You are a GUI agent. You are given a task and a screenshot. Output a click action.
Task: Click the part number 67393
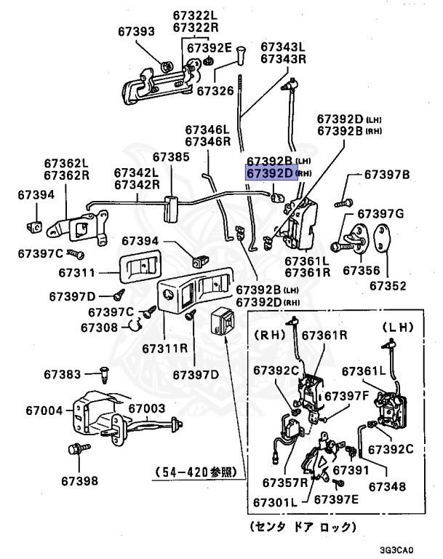click(136, 31)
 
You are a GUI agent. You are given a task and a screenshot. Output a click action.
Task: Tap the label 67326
click(215, 91)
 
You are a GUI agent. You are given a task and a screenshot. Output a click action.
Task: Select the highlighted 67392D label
click(270, 173)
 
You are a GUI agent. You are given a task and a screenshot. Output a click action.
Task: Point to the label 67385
click(171, 157)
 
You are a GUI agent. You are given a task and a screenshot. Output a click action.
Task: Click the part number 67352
click(388, 286)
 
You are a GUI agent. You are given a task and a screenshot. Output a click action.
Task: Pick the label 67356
click(362, 271)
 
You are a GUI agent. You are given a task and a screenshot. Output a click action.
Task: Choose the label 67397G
click(380, 214)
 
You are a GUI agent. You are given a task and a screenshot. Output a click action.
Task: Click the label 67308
click(99, 328)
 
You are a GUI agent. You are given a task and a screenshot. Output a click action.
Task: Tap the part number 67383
click(63, 374)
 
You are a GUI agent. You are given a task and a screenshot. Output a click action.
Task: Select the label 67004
click(44, 411)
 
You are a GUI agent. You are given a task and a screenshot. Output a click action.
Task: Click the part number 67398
click(79, 481)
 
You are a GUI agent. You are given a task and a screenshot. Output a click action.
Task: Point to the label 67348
click(387, 487)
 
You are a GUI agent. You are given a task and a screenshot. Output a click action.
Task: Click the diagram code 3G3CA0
click(396, 550)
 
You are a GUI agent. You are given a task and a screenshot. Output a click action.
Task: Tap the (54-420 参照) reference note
click(196, 472)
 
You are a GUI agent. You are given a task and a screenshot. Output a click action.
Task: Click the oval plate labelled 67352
click(382, 237)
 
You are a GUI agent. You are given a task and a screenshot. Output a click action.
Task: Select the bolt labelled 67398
click(79, 448)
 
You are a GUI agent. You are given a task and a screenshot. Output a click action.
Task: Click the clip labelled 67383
click(104, 374)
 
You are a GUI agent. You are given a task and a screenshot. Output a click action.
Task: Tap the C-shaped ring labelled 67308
click(136, 325)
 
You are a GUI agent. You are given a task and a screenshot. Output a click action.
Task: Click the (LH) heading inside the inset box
click(398, 328)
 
